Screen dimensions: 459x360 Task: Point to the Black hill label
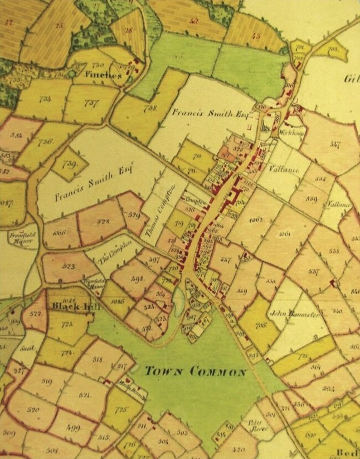(71, 306)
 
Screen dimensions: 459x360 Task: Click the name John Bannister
(295, 315)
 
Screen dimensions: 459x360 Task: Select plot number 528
(104, 221)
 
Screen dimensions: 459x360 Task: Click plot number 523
(69, 267)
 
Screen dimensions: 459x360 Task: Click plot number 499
(73, 428)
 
